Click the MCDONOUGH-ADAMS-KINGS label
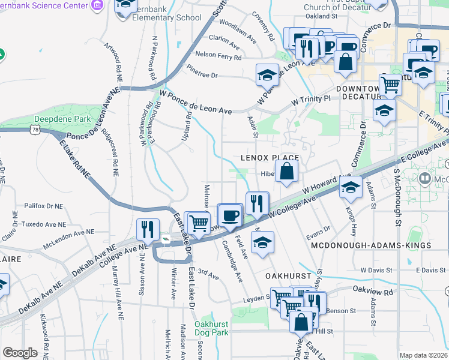tap(371, 246)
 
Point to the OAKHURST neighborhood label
tap(288, 276)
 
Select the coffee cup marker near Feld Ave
tap(230, 216)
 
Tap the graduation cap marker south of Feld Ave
tap(261, 243)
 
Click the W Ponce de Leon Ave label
tap(196, 103)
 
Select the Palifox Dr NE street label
tap(43, 206)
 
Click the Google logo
tap(20, 353)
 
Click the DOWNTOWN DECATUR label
tap(359, 92)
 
